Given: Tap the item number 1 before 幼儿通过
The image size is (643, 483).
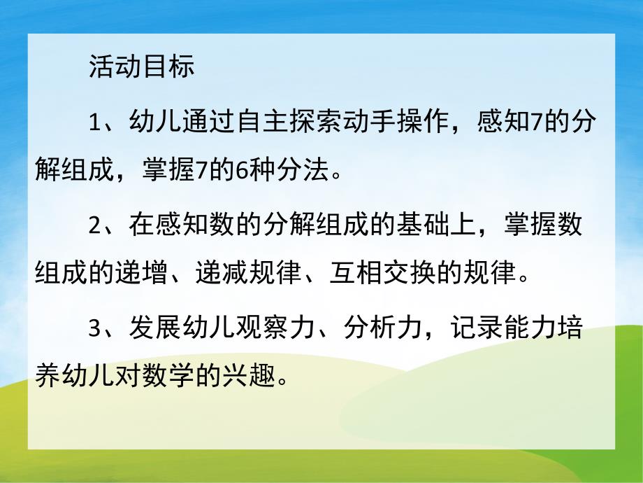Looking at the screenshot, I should (x=96, y=123).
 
